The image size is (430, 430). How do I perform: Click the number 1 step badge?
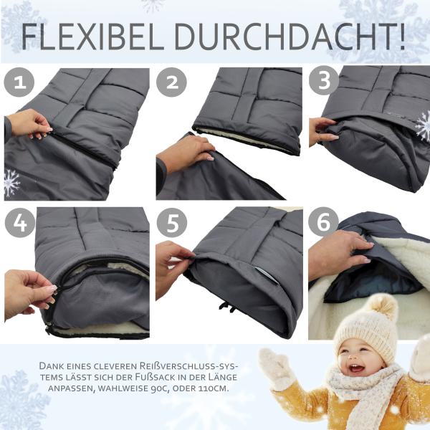(19, 82)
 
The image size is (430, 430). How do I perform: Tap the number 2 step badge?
(172, 82)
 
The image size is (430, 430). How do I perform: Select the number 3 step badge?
(324, 82)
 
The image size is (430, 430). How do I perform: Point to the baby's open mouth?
(356, 368)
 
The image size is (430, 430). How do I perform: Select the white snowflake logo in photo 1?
(11, 182)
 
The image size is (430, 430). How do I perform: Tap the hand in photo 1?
(29, 124)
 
